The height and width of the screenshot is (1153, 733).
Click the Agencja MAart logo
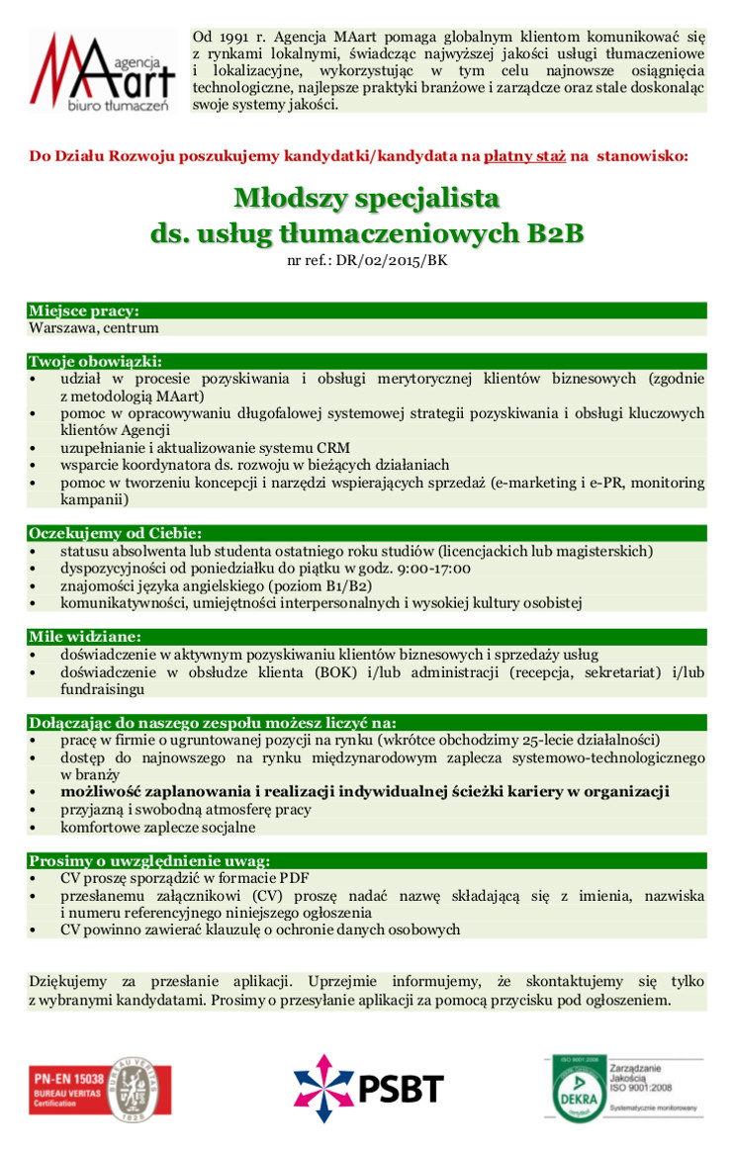coord(103,71)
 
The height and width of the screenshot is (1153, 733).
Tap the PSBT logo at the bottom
coord(368,1087)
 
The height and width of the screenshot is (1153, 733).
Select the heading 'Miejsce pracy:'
coord(84,310)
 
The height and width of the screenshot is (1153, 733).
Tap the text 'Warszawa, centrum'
coord(94,327)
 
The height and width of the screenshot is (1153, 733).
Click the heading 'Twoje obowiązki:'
coord(95,361)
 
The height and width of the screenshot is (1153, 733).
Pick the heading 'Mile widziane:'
coord(85,636)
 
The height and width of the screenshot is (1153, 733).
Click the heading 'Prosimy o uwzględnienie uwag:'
coord(148,860)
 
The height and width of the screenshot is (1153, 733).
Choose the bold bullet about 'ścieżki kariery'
coord(364,791)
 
